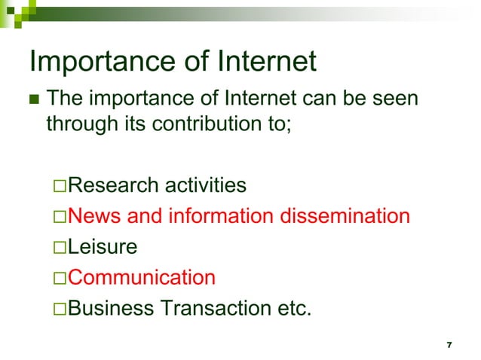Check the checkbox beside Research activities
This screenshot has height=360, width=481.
[x=60, y=186]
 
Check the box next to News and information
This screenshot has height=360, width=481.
[x=60, y=218]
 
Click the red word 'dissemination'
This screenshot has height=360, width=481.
[x=345, y=216]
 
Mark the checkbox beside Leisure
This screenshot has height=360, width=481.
[x=60, y=248]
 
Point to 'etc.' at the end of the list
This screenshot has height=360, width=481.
[x=293, y=309]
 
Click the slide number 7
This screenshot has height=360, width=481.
[x=449, y=345]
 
